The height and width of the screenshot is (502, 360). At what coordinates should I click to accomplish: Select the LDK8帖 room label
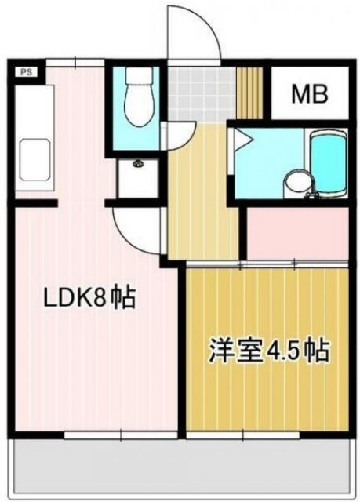pyautogui.click(x=89, y=298)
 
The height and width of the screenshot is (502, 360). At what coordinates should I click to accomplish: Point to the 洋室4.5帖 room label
pyautogui.click(x=268, y=349)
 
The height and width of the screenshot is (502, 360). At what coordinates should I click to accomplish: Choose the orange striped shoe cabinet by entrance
pyautogui.click(x=249, y=93)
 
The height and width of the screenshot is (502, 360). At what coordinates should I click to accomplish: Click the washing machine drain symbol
pyautogui.click(x=138, y=166)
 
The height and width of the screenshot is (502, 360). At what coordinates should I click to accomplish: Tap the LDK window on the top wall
pyautogui.click(x=75, y=62)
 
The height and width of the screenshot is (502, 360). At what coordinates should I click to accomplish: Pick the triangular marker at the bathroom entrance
pyautogui.click(x=241, y=141)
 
